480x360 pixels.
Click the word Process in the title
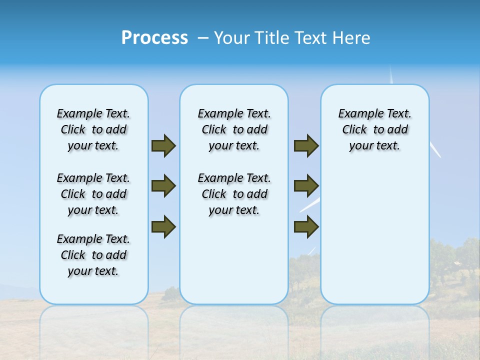154,38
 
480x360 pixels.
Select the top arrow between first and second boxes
163,146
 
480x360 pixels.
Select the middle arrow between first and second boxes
163,186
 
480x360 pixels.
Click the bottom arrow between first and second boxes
163,226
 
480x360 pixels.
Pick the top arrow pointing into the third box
306,146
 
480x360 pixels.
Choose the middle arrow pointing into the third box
306,186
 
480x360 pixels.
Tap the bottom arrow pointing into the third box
306,226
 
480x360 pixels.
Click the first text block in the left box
93,129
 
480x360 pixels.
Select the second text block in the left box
93,194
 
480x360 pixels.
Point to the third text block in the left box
93,255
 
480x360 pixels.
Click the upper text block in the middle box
234,129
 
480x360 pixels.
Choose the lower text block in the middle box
234,194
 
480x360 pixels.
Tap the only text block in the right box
374,129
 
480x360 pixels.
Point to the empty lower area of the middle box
234,260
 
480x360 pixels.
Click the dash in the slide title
203,38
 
